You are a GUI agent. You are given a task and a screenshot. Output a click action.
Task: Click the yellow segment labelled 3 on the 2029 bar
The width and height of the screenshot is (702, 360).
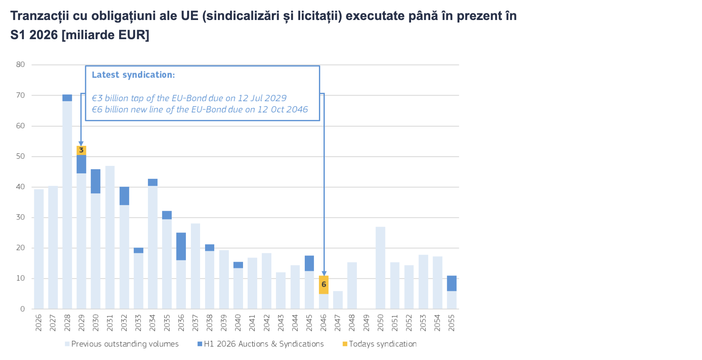point(81,150)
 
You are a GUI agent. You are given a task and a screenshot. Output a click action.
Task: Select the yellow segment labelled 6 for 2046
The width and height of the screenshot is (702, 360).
point(323,285)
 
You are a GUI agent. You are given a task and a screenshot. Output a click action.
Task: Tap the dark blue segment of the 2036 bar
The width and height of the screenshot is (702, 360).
point(181,246)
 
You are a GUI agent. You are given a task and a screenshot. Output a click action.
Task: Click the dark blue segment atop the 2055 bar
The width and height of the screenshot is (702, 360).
point(451,283)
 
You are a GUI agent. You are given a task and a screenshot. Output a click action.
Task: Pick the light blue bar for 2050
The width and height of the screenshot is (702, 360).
point(380,267)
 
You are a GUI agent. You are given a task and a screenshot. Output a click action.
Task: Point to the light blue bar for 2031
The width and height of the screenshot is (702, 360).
point(110,237)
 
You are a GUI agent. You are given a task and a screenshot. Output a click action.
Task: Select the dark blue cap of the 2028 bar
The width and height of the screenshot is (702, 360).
point(67,98)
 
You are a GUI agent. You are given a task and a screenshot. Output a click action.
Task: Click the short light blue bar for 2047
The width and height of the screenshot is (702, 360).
point(338,300)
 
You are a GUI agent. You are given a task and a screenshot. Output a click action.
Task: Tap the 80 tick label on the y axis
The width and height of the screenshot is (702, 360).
point(20,65)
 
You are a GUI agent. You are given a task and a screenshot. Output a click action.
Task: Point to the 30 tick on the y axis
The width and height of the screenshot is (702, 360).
point(20,217)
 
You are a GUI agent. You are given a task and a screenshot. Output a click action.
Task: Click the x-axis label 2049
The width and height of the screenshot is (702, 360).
point(366,323)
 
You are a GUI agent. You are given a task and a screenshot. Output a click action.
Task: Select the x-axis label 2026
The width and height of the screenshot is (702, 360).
point(39,323)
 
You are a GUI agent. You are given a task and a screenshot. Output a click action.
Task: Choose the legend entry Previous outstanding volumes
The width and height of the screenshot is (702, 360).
point(125,344)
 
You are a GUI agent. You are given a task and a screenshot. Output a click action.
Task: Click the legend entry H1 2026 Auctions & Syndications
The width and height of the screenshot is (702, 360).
point(263,344)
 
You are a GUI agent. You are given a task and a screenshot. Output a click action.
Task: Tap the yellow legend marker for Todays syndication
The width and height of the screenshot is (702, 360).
point(345,344)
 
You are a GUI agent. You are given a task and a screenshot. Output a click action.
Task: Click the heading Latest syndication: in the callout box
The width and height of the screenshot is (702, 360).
point(133,75)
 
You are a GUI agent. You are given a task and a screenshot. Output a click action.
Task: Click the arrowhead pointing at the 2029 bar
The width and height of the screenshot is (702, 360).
point(81,143)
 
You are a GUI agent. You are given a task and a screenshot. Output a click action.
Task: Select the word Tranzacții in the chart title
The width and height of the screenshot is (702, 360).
point(40,16)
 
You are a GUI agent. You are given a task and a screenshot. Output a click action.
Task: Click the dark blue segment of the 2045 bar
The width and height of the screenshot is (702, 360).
point(309,263)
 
